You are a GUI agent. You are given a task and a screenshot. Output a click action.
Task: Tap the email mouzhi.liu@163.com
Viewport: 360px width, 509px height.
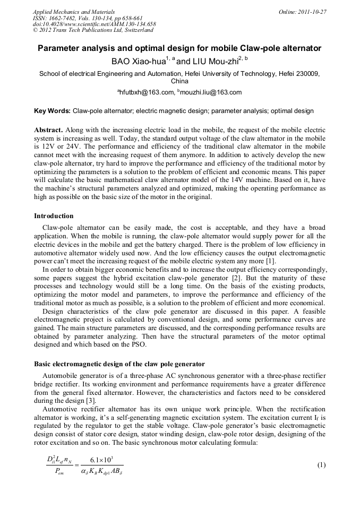point(211,92)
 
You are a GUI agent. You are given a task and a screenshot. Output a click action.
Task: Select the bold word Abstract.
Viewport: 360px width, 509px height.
point(48,130)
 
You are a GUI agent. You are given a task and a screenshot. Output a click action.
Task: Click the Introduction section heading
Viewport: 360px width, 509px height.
point(54,216)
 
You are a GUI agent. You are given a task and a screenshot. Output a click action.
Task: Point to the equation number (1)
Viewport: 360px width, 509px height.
point(321,465)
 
